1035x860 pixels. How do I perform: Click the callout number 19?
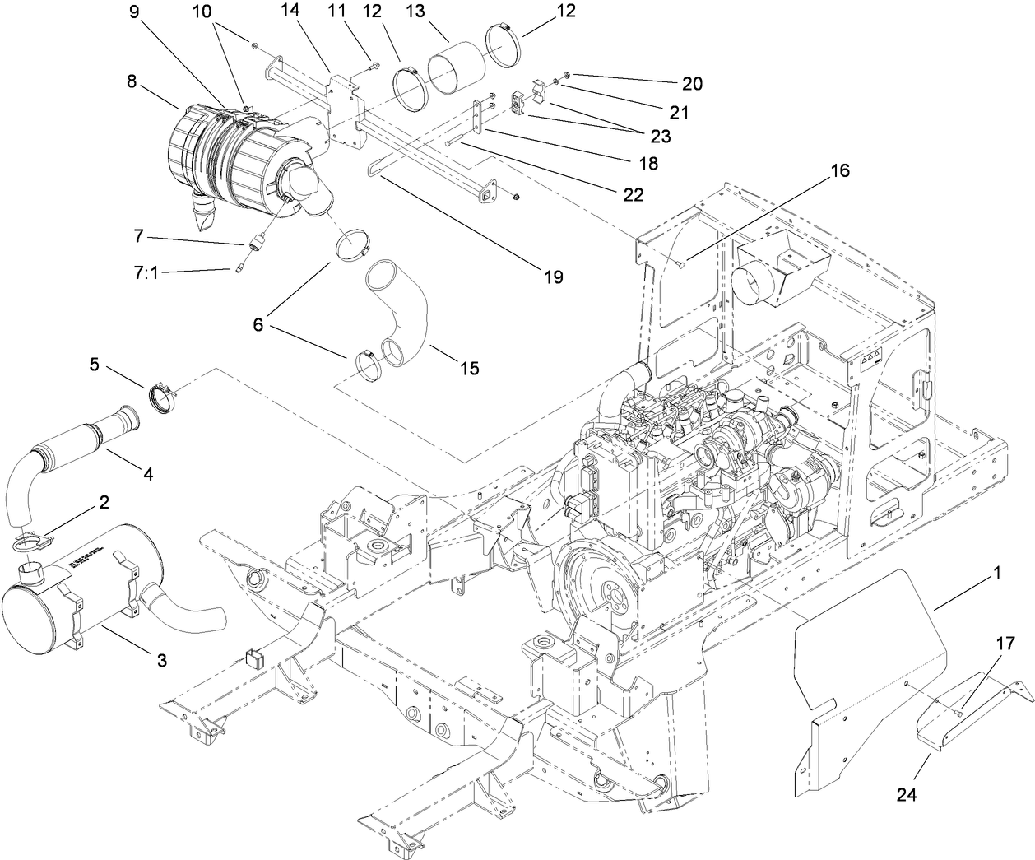(x=553, y=277)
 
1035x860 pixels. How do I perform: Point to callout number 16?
(x=839, y=171)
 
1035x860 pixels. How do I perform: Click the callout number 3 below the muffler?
(x=161, y=659)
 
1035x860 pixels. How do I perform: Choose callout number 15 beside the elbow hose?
(x=468, y=369)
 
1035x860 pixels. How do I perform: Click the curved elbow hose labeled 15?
(x=403, y=309)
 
